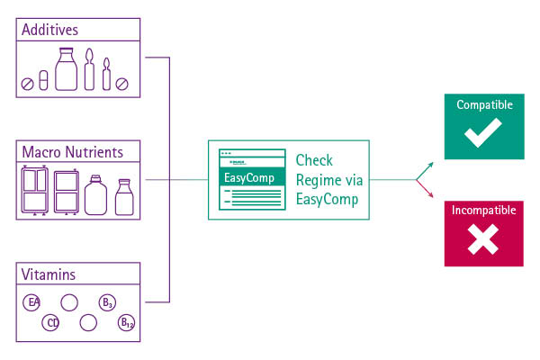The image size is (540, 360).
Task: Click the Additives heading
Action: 50,30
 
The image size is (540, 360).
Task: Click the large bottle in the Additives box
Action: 67,70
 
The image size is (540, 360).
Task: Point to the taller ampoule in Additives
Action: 90,70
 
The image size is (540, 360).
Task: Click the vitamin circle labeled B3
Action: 106,302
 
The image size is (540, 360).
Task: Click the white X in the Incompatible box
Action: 483,239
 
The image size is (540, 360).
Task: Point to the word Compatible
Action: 484,105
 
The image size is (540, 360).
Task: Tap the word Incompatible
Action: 483,211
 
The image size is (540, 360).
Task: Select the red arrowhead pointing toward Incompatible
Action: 429,194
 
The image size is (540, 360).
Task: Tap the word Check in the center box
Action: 314,160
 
